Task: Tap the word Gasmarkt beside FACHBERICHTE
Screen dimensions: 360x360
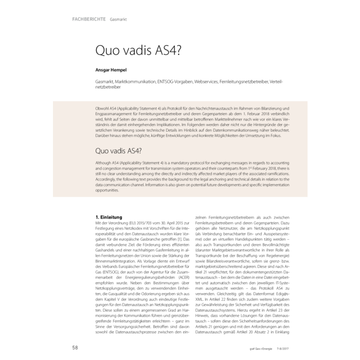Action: tap(118, 20)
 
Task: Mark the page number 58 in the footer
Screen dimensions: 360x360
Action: tap(75, 348)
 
